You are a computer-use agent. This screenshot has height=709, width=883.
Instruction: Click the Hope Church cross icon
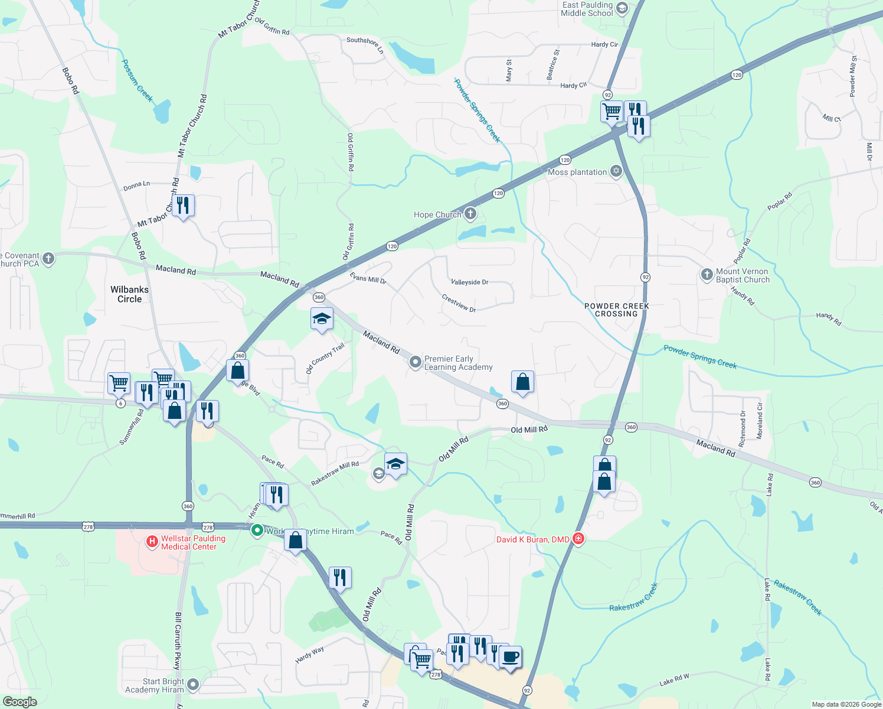pos(470,214)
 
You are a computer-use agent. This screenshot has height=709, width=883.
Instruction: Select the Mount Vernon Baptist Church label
pos(743,276)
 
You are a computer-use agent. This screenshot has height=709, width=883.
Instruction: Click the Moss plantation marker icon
pos(616,171)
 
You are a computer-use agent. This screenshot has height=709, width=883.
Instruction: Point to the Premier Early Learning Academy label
pos(458,363)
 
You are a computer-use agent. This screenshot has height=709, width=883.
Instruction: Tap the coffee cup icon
pos(511,656)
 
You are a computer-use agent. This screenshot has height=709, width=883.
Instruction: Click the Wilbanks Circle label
pos(129,294)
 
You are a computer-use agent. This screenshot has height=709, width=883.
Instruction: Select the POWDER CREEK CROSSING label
pos(616,310)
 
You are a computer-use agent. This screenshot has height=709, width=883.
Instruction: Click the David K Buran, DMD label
pos(532,539)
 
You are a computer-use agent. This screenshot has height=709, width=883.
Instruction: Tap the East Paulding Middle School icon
pos(622,8)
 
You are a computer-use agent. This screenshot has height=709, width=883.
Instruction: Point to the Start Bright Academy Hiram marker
pos(192,685)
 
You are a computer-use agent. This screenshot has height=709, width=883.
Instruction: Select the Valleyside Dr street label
pos(469,282)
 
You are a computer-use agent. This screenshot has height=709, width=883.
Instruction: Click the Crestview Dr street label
pos(459,303)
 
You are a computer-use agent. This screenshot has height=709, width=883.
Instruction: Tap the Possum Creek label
pos(137,80)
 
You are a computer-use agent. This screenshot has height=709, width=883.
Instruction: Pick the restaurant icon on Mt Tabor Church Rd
pos(183,206)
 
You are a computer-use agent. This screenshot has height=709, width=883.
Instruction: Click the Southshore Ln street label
pos(365,45)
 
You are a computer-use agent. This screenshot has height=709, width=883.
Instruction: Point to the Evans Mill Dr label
pos(368,278)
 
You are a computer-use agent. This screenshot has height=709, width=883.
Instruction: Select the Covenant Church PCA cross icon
pos(48,259)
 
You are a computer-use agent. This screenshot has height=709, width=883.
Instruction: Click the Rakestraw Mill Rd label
pos(335,473)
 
